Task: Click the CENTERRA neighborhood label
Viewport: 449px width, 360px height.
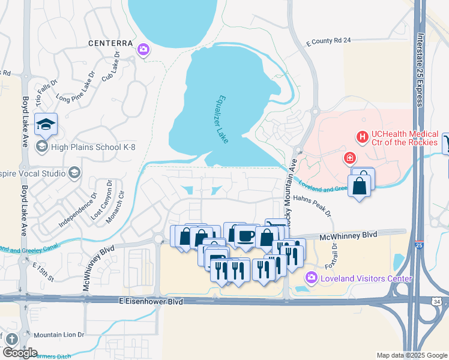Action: coord(109,43)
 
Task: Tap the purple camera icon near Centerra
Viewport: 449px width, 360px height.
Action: coord(143,49)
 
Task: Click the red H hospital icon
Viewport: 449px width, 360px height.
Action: coord(362,138)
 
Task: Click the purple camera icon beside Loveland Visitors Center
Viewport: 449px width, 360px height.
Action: coord(311,278)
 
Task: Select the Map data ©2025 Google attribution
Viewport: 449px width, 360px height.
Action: coord(412,355)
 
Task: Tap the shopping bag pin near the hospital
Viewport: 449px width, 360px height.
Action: coord(359,187)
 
